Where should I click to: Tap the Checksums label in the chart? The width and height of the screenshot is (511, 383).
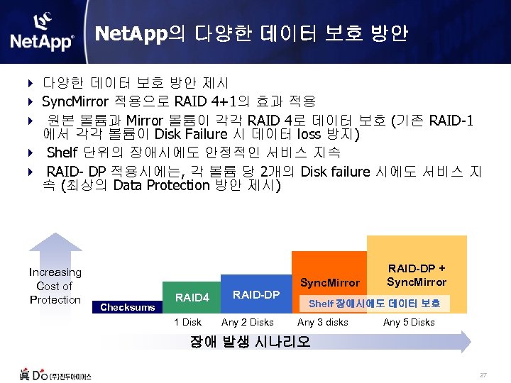[x=128, y=307]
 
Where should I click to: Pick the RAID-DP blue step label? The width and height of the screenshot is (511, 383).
[x=256, y=294]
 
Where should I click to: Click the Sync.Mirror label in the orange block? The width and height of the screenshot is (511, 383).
[x=331, y=282]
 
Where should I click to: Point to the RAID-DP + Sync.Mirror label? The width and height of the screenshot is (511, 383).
[x=417, y=275]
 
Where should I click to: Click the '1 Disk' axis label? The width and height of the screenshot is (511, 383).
[x=187, y=323]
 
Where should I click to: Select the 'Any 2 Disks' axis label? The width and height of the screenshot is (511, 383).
[x=248, y=323]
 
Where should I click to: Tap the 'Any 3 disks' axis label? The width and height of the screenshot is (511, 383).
[x=323, y=323]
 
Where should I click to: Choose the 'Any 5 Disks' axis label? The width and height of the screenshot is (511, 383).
[x=409, y=323]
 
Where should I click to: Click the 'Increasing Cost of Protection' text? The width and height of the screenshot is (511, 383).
[x=55, y=286]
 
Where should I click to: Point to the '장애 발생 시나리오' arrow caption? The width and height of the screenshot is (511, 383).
[x=250, y=341]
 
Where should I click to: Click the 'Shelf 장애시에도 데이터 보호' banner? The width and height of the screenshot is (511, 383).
[x=374, y=304]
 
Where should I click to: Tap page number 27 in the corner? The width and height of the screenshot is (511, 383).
[x=483, y=374]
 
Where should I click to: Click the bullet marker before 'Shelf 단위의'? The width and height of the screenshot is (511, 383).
[x=31, y=152]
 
